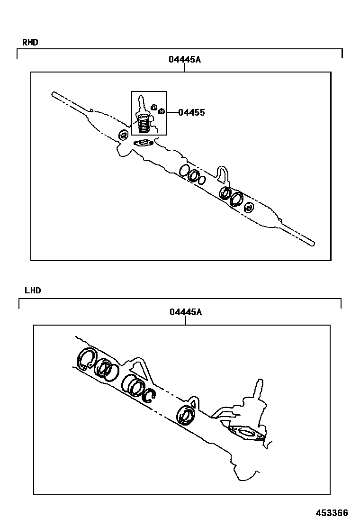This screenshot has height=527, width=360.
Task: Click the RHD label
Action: pyautogui.click(x=30, y=42)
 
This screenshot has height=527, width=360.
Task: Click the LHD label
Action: pyautogui.click(x=33, y=290)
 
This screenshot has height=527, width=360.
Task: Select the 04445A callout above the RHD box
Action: pyautogui.click(x=185, y=60)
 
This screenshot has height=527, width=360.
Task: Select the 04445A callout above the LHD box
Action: pyautogui.click(x=186, y=312)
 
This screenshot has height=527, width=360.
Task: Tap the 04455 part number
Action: pyautogui.click(x=191, y=112)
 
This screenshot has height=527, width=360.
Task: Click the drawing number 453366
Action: pyautogui.click(x=332, y=513)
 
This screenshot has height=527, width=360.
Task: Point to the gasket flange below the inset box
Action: pyautogui.click(x=144, y=143)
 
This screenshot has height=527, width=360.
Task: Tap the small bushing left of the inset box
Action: pyautogui.click(x=124, y=135)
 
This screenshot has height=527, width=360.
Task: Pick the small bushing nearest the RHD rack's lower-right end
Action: pyautogui.click(x=249, y=208)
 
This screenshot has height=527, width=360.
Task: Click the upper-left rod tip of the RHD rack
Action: pyautogui.click(x=53, y=94)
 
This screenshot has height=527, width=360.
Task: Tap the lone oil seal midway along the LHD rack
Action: pyautogui.click(x=185, y=416)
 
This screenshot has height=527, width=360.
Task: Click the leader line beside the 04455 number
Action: pyautogui.click(x=172, y=112)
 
